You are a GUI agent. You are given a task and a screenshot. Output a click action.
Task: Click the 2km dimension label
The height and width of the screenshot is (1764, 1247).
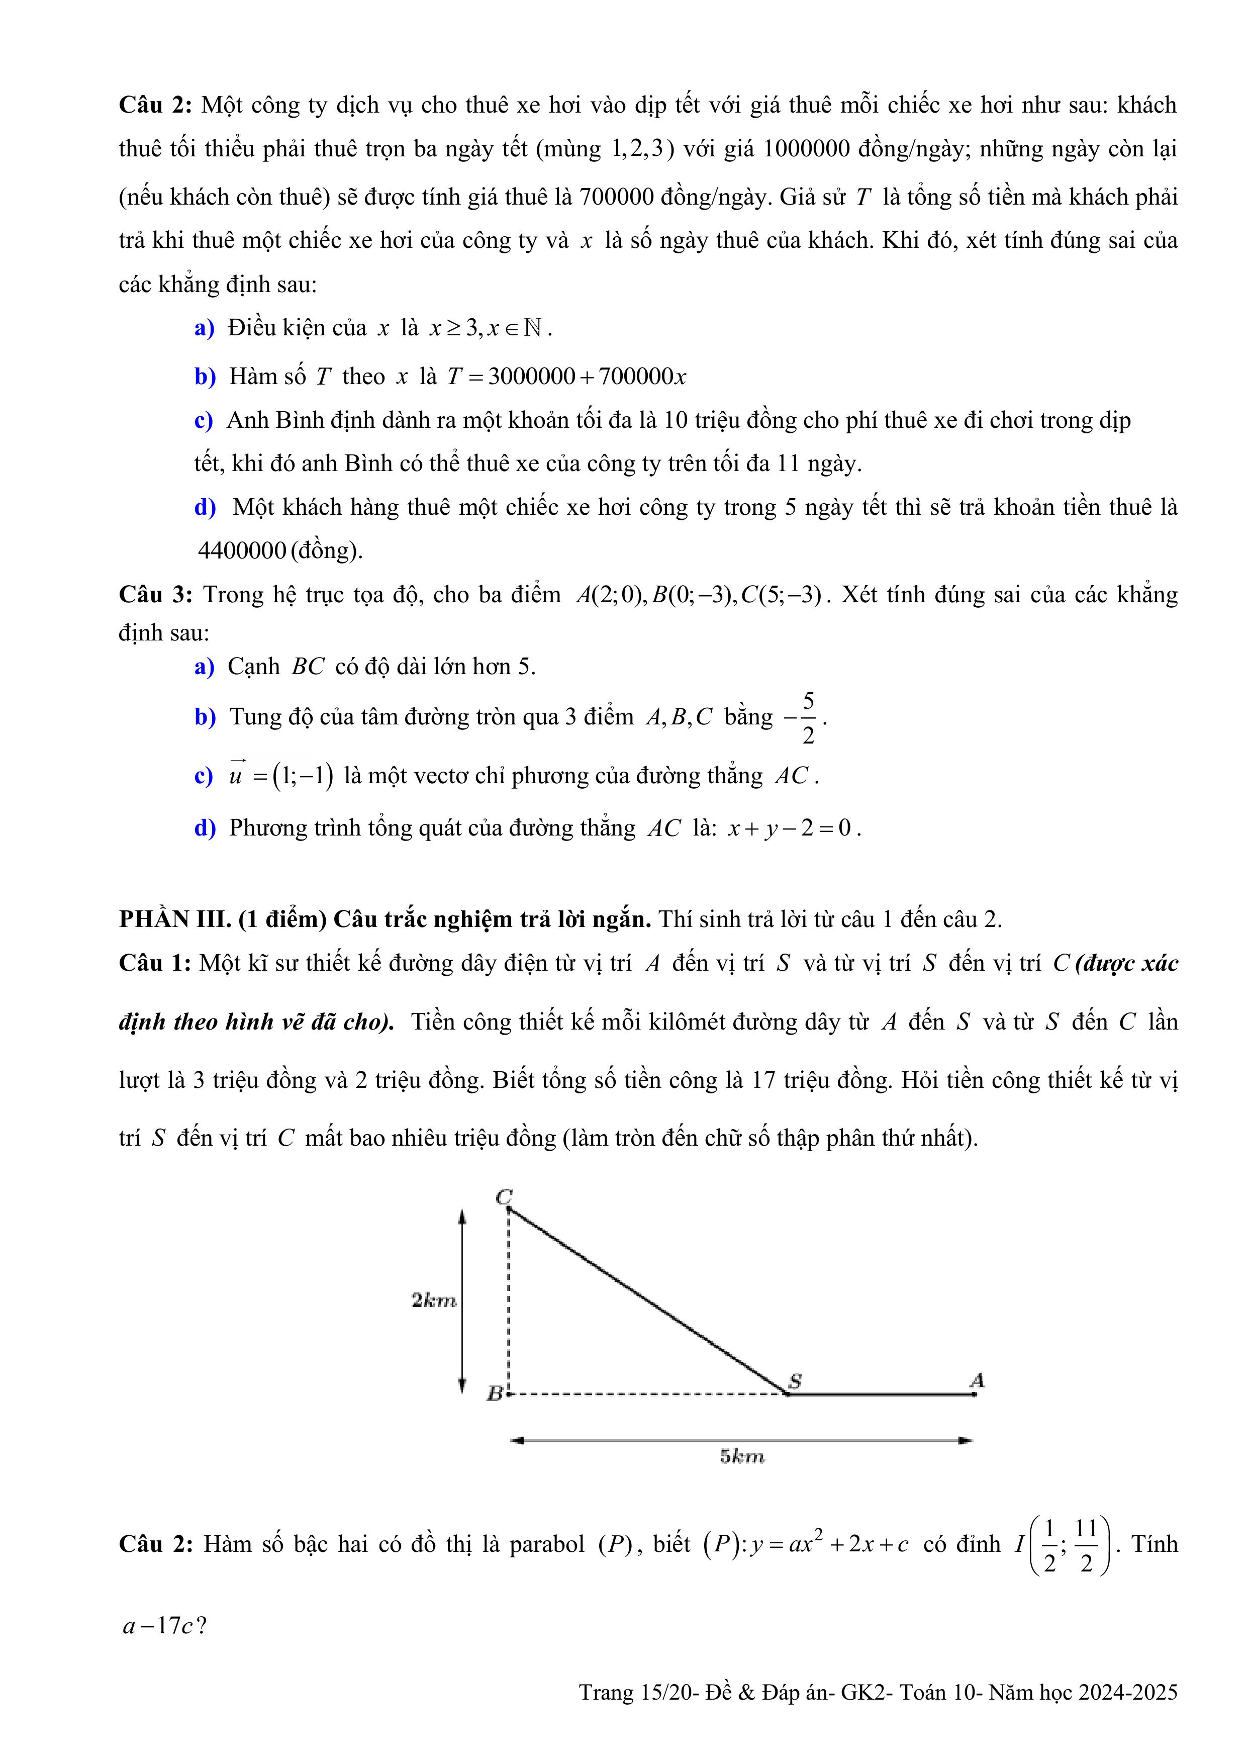434,1300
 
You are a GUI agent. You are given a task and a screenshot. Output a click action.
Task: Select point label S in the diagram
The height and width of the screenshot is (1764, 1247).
795,1380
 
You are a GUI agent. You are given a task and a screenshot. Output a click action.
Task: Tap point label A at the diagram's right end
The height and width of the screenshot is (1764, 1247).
977,1380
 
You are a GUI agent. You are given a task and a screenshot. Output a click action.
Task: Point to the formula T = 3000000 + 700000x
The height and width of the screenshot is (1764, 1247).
566,377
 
